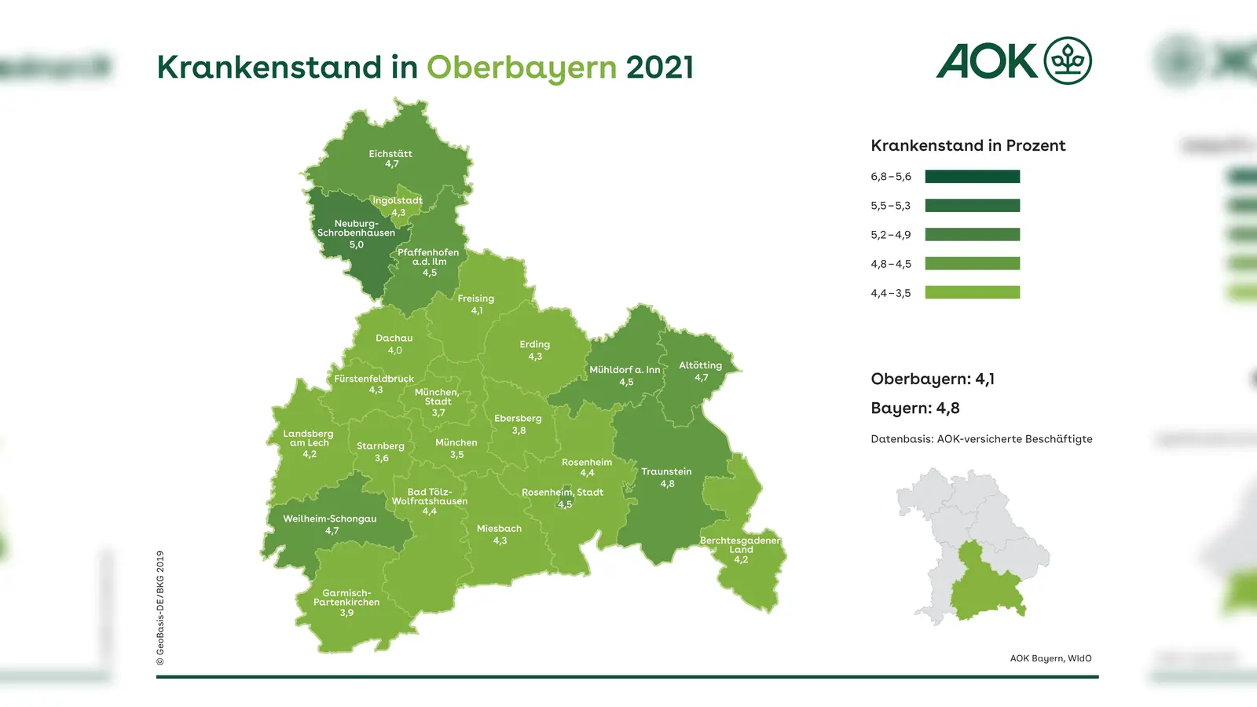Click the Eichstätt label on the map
coord(390,159)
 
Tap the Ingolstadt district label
coord(398,206)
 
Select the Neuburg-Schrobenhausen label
coord(356,233)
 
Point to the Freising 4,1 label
coord(476,304)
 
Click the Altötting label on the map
coord(700,371)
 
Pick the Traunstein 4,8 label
coord(666,477)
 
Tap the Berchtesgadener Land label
coord(740,549)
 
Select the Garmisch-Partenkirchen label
coord(346,603)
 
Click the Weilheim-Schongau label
coord(330,524)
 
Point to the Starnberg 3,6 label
coord(380,451)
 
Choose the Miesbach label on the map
coord(499,534)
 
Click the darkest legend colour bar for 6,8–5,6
coord(972,177)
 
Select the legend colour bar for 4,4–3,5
coord(972,292)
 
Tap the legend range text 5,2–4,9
coord(890,235)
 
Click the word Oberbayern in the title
coord(522,68)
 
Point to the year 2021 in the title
coord(660,68)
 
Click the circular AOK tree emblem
coord(1067,60)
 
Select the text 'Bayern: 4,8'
coord(914,408)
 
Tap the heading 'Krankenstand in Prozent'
coord(968,145)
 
